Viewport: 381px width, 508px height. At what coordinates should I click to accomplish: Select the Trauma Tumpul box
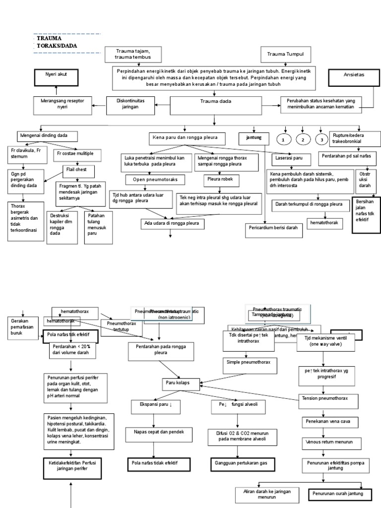281,54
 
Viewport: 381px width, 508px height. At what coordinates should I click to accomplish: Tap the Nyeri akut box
56,77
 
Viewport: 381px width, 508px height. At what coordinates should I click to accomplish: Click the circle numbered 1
283,140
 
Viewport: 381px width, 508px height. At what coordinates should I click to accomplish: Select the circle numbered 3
321,140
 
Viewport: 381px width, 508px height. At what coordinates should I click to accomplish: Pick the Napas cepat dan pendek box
156,432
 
